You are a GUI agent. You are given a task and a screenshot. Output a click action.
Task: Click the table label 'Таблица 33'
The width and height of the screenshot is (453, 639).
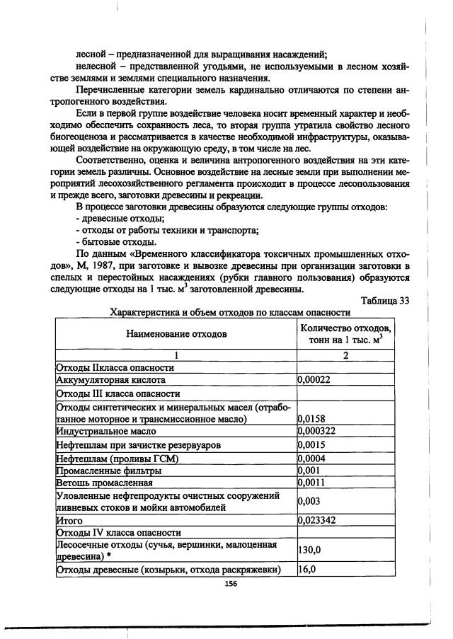coord(385,300)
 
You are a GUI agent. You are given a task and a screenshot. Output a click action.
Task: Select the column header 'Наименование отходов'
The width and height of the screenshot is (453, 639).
coord(177,333)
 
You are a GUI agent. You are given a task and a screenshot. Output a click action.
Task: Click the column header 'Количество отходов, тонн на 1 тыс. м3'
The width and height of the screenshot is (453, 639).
coord(345,333)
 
